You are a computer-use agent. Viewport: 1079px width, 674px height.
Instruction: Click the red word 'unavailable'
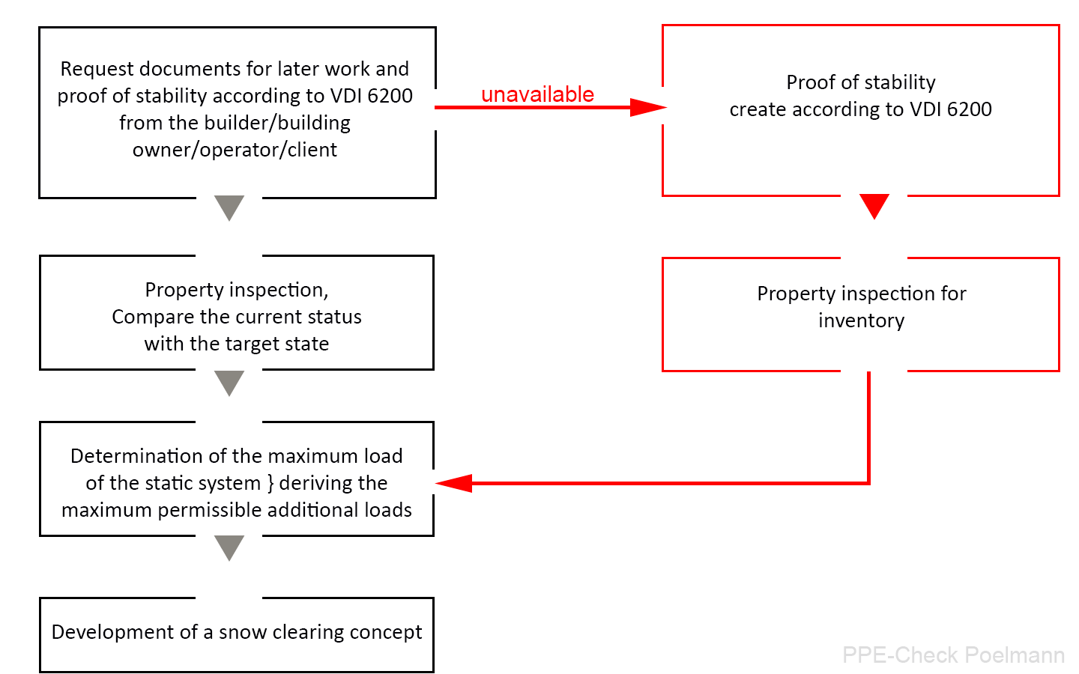click(537, 94)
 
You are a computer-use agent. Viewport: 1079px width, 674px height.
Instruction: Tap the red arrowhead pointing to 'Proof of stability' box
click(648, 107)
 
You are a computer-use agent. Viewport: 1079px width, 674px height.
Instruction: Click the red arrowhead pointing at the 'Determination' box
click(453, 483)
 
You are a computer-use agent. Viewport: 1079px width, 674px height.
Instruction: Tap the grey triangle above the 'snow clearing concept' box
click(229, 548)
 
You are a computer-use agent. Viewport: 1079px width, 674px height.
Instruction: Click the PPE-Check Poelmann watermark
click(953, 655)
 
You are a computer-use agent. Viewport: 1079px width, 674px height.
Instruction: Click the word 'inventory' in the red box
click(861, 321)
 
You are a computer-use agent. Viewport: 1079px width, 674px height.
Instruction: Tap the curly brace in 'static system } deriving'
click(270, 483)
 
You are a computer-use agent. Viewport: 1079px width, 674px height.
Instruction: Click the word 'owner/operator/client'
click(235, 150)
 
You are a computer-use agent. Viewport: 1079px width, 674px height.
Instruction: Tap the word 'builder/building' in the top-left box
click(277, 123)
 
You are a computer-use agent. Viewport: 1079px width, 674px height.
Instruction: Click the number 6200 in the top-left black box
click(390, 96)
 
